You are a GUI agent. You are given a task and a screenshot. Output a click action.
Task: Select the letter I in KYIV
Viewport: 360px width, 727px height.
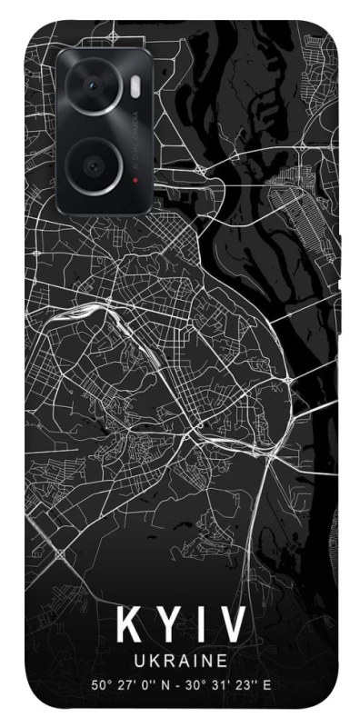[x=196, y=625]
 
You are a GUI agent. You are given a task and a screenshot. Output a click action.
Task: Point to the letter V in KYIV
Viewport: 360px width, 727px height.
[x=229, y=625]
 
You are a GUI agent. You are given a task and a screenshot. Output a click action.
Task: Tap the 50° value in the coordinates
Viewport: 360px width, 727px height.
[x=101, y=684]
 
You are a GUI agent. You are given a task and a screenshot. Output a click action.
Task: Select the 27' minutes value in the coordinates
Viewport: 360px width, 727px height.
[x=128, y=684]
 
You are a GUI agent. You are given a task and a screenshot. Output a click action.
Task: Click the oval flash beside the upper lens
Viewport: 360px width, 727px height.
[x=135, y=86]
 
